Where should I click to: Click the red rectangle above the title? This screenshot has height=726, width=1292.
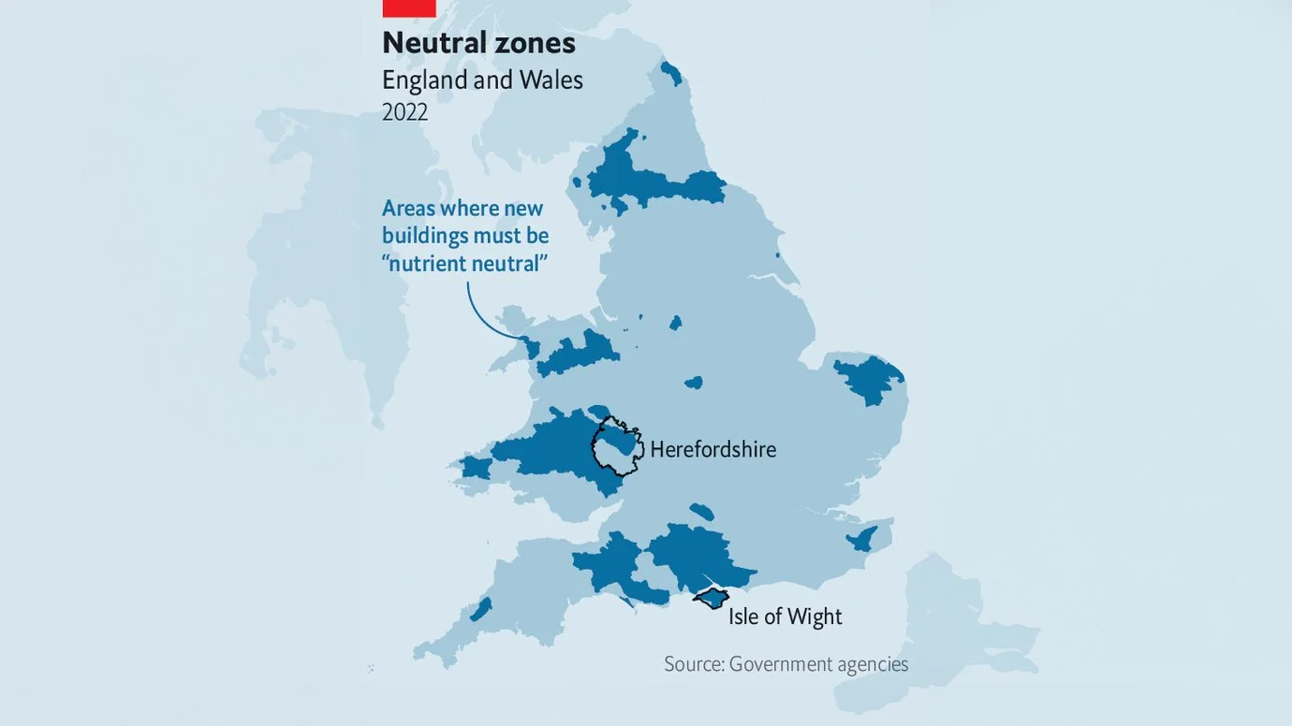pos(409,8)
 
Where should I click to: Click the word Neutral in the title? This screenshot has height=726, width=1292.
pos(435,43)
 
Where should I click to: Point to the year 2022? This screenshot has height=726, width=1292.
pos(404,112)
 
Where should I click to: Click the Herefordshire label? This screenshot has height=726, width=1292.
pos(712,449)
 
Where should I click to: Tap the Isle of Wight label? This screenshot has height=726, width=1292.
pos(785,617)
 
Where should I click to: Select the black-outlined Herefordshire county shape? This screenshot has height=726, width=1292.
pos(617,447)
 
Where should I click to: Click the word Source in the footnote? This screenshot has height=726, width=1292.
pos(693,664)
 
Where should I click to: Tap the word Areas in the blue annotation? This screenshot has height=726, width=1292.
pos(409,208)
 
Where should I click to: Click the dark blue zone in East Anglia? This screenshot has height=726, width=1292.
pos(870,378)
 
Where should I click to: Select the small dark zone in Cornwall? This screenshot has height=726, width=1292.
pos(480,610)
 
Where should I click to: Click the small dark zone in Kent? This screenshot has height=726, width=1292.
pos(862,538)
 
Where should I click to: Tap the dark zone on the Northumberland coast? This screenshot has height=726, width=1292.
pos(670,73)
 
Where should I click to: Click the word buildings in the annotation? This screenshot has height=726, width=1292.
pos(426,236)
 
